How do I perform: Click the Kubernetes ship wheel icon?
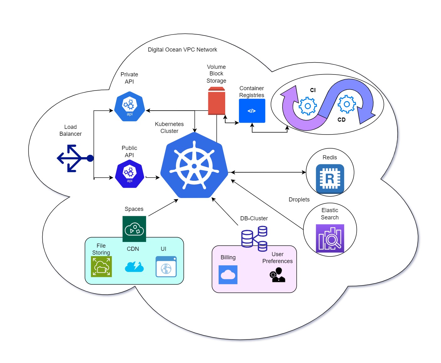click(194, 166)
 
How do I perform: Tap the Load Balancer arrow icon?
click(75, 158)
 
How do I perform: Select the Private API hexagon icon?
click(130, 106)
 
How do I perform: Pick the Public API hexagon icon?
click(130, 173)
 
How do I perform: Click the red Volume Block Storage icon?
click(216, 101)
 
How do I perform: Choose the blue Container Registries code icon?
click(252, 111)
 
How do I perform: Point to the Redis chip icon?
click(330, 179)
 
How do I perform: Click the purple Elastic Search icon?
click(330, 238)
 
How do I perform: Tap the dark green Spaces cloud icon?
click(134, 229)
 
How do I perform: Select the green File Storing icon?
click(101, 267)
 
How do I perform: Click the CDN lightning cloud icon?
click(134, 267)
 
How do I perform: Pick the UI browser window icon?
click(166, 267)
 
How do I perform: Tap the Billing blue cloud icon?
click(228, 275)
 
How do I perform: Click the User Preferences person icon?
click(277, 275)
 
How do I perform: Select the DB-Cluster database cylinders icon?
click(254, 239)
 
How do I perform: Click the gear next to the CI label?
click(307, 106)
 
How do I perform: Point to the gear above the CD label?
click(347, 104)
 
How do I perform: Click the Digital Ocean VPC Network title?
click(182, 50)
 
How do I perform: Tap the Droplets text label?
click(299, 200)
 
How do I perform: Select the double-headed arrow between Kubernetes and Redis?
click(268, 172)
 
